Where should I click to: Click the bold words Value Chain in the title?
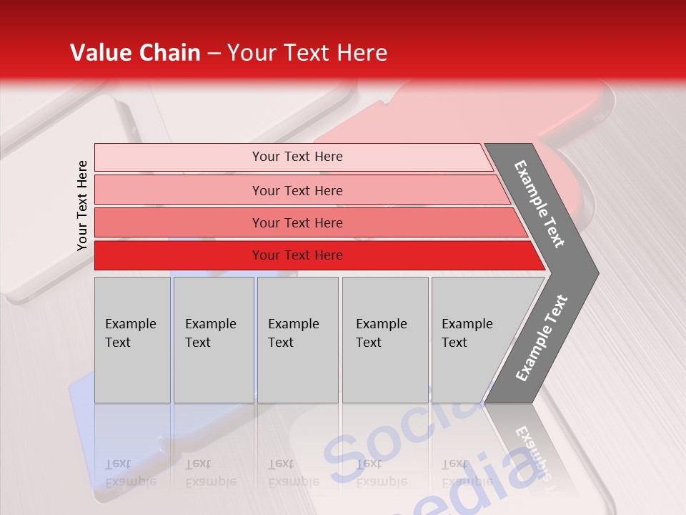pos(135,53)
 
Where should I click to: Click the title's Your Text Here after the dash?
pos(307,53)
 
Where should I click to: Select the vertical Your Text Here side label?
pos(82,205)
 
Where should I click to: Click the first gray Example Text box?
pos(132,340)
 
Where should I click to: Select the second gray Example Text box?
pos(214,340)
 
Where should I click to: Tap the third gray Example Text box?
pos(297,340)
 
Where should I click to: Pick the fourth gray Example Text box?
pos(385,340)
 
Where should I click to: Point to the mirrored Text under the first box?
pos(118,463)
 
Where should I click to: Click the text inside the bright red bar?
pos(297,255)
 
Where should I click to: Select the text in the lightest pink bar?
pos(297,157)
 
